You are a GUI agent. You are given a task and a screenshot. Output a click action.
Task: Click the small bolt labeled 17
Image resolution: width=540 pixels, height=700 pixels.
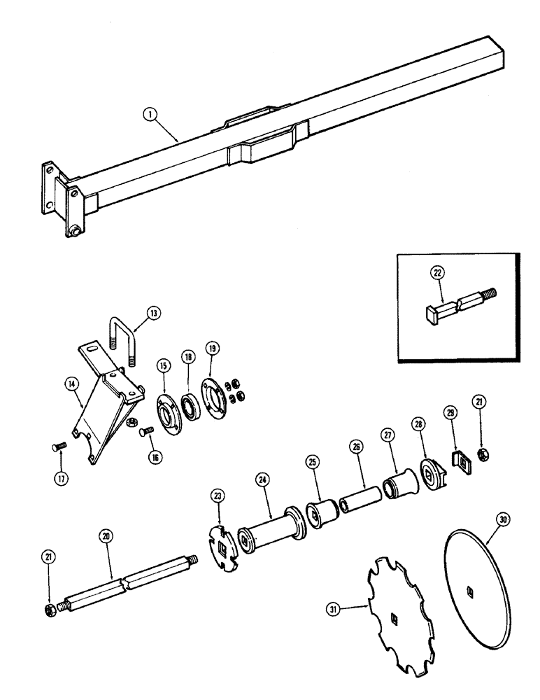pyautogui.click(x=59, y=444)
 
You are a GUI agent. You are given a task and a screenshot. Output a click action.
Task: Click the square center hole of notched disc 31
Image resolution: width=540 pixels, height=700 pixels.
pyautogui.click(x=395, y=617)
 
